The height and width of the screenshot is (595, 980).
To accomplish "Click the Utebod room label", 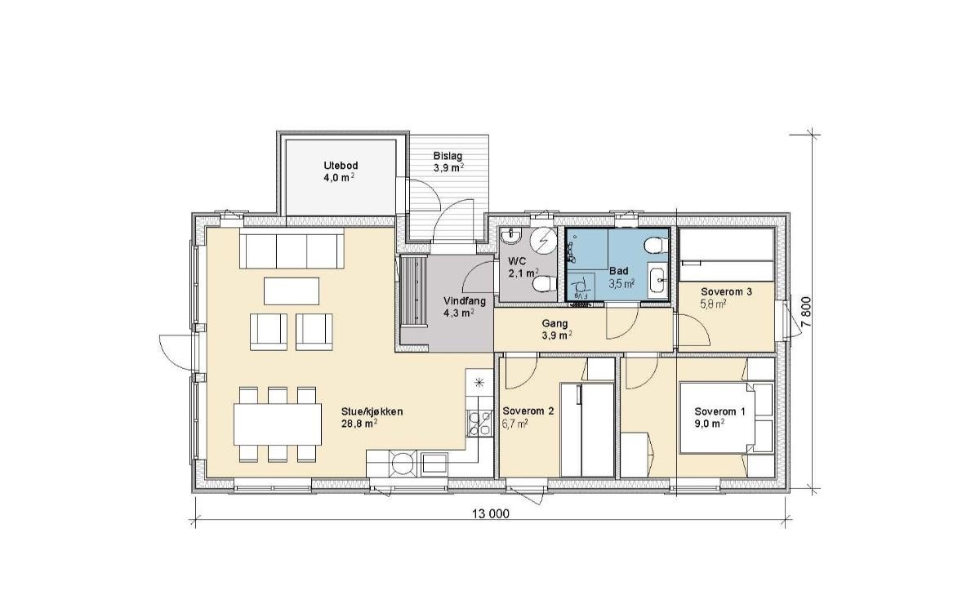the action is (x=341, y=166).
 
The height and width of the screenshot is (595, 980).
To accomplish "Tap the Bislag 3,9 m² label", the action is (x=448, y=162).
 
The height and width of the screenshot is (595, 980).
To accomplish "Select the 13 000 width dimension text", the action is (x=491, y=514).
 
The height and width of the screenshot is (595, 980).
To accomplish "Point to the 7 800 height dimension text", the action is (x=806, y=312).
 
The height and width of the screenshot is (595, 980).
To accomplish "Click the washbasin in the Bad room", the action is (x=657, y=278).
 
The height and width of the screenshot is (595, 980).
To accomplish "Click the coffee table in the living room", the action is (x=291, y=291).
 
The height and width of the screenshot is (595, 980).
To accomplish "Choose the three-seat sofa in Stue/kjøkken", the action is (x=292, y=251).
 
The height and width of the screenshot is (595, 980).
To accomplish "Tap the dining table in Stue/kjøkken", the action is (x=278, y=424).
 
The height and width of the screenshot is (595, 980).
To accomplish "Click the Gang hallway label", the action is (x=555, y=323).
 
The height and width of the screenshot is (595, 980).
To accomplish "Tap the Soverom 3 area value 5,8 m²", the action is (x=714, y=304).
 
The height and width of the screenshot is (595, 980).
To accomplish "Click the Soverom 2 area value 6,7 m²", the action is (x=515, y=423).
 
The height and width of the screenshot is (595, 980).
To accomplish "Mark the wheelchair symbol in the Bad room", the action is (x=581, y=287).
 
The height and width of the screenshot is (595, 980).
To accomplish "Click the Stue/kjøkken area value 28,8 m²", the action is (x=360, y=423).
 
